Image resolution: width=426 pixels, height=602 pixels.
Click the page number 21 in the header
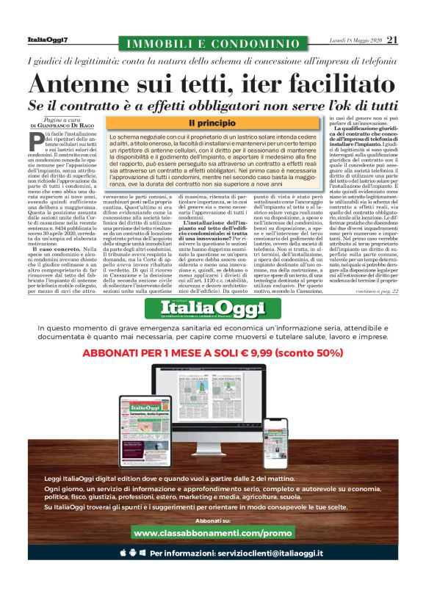pyautogui.click(x=391, y=40)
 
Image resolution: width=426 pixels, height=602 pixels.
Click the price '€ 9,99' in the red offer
pyautogui.click(x=273, y=352)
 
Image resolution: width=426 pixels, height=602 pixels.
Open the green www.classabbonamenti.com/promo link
pyautogui.click(x=213, y=532)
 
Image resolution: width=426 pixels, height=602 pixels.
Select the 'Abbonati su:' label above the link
pyautogui.click(x=213, y=519)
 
